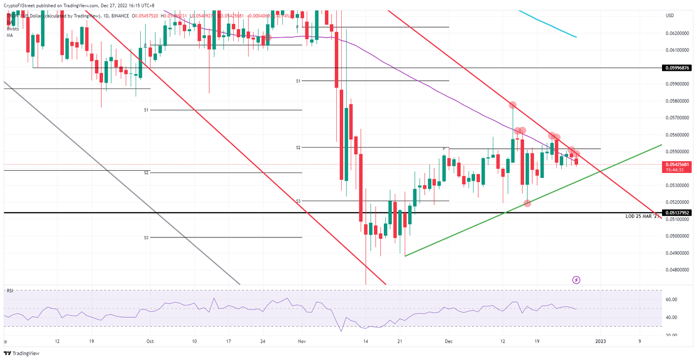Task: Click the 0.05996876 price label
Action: [x=677, y=68]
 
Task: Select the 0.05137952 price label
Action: [x=677, y=212]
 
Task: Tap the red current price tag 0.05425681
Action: [x=677, y=164]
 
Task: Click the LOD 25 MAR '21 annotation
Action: [x=642, y=217]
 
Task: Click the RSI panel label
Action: [x=10, y=291]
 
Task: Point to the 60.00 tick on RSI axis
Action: [x=671, y=300]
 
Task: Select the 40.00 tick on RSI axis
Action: [x=671, y=317]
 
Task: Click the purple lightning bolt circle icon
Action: [x=576, y=280]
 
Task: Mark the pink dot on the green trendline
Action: [x=527, y=203]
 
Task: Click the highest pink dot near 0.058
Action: [x=513, y=105]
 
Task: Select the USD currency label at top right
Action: [x=669, y=15]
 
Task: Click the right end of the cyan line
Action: [x=576, y=37]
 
